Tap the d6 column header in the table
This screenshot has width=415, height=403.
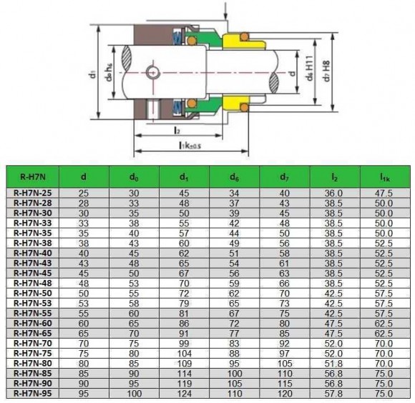tap(234, 175)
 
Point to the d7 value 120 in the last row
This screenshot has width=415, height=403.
tap(284, 392)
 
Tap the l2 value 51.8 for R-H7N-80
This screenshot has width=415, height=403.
tap(334, 362)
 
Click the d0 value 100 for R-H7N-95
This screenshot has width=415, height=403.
tap(133, 392)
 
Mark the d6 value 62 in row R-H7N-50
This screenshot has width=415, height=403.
tap(234, 292)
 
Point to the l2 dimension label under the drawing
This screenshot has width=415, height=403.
tap(176, 131)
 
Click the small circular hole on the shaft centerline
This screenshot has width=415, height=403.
tap(152, 71)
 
